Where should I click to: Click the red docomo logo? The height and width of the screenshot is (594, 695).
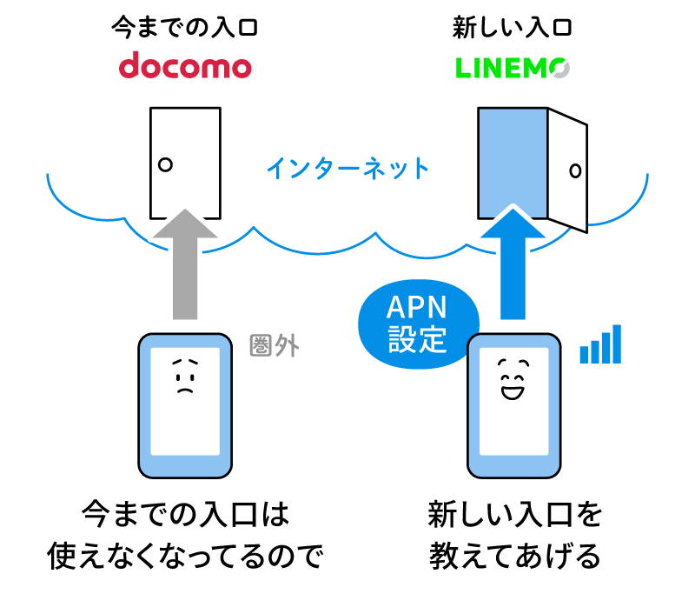[185, 67]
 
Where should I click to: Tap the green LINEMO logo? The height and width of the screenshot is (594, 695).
[512, 67]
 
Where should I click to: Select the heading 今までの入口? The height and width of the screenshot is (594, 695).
[185, 28]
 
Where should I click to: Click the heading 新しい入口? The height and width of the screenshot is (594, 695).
[512, 28]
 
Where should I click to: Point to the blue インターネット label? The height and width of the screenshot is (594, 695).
[347, 167]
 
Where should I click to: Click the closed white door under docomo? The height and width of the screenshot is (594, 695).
[185, 162]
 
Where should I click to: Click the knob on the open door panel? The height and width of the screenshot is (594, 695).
[574, 170]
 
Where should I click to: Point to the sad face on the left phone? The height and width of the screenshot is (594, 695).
[182, 376]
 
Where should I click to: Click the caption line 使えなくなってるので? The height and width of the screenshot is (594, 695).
[187, 555]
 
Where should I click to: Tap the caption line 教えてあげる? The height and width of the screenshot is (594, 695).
[514, 555]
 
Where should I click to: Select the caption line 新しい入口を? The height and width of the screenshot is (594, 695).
[514, 514]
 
